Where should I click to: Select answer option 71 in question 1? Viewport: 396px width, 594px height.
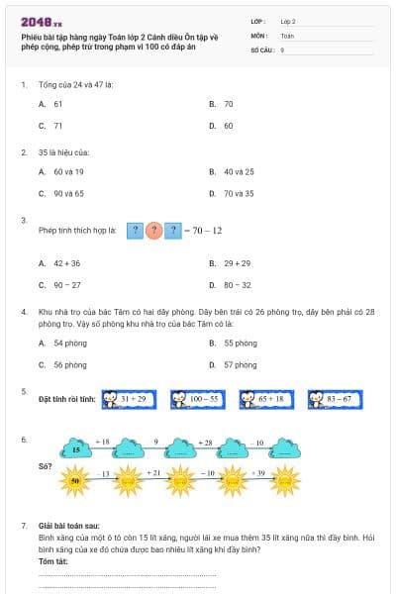point(58,126)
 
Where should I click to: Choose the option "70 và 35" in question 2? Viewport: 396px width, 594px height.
point(238,193)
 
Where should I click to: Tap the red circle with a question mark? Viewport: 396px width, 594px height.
point(153,231)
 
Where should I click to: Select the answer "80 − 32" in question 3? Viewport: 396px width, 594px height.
point(237,285)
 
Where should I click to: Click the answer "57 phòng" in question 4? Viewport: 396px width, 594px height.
point(241,364)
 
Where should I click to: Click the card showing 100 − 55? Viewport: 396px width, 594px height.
point(198,399)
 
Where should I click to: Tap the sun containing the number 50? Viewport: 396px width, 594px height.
point(75,480)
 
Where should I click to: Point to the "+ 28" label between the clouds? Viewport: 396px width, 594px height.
point(205,442)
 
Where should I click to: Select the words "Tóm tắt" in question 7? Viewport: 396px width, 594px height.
point(53,561)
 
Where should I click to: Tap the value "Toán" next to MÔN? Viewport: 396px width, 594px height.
point(287,35)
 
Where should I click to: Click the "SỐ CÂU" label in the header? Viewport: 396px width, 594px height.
point(262,49)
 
